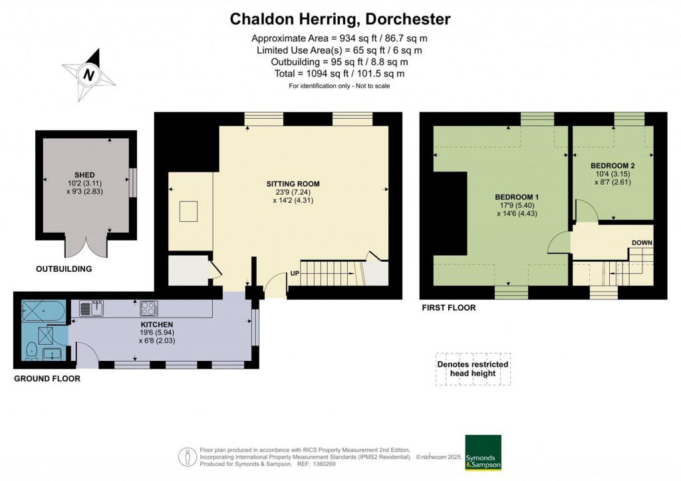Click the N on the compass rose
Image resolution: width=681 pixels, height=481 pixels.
coord(89,75)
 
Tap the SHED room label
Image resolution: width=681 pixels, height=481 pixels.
coord(84,175)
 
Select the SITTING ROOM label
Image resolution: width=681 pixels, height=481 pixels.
coord(293,184)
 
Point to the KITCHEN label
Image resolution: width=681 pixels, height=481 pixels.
coord(157,324)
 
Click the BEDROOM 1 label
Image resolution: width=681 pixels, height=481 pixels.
coord(517,197)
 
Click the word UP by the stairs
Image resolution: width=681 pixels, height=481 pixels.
coord(295,274)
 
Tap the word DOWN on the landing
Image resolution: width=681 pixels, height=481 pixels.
coord(642,243)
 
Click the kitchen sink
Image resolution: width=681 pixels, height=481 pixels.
coord(91,308)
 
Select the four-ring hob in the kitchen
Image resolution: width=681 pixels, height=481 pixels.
coord(149,308)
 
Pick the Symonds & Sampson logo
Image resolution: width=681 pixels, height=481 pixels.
coord(483,452)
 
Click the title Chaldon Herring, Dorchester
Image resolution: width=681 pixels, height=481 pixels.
coord(340,19)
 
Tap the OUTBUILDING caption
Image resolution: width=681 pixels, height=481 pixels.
coord(64,269)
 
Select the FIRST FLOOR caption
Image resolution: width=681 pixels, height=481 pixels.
coord(449,308)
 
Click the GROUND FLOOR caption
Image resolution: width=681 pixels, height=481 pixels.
coord(47,379)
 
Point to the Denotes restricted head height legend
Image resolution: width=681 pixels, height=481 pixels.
coord(473,369)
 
